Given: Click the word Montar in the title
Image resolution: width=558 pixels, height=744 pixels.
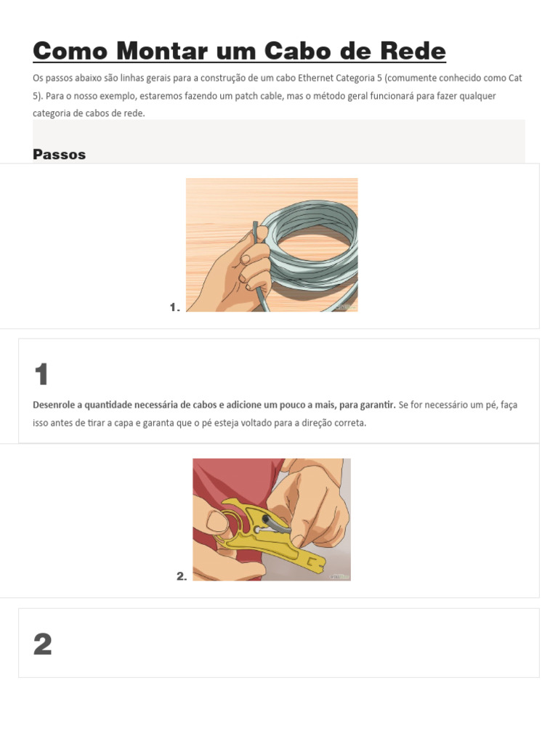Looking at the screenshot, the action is tap(163, 51).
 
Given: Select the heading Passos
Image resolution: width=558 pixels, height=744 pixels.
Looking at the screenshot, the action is tap(60, 154).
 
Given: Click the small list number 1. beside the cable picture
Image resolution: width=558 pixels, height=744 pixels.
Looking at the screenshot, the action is tap(174, 307).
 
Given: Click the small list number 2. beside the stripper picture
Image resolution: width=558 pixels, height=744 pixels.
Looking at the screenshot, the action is tap(182, 576).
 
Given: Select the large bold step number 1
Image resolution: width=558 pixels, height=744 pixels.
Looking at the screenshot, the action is tap(41, 374).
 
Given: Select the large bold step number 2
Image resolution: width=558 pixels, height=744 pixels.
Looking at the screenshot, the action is tap(42, 644).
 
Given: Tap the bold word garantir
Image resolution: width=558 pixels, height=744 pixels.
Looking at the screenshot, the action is tap(378, 405).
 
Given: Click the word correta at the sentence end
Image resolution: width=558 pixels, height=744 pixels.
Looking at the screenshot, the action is tap(351, 423).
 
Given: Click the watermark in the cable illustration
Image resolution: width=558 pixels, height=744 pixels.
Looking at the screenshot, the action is tap(345, 307).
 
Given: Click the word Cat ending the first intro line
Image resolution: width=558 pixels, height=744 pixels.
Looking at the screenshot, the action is tap(515, 78).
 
